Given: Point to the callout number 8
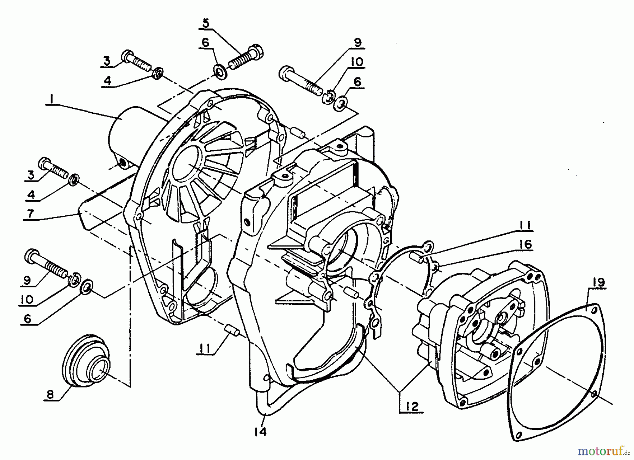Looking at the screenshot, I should pyautogui.click(x=50, y=395).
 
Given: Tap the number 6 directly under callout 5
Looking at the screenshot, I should pyautogui.click(x=206, y=43).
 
